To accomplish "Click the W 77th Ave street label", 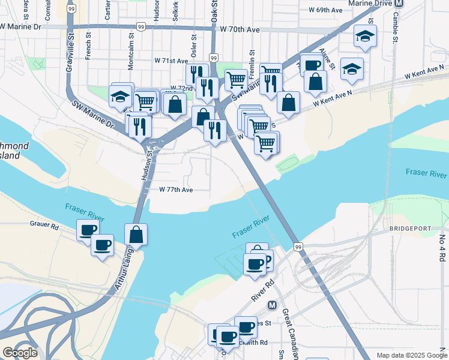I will click(x=176, y=190).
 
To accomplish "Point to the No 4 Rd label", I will click(x=442, y=248).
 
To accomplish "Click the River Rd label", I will click(x=263, y=290).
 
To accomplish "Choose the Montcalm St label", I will click(x=130, y=47).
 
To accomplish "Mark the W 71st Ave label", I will click(x=171, y=61).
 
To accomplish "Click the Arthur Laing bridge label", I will click(x=125, y=273).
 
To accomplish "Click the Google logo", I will click(x=20, y=353).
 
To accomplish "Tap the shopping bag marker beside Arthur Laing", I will click(x=136, y=235).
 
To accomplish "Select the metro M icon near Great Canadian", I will click(x=272, y=305).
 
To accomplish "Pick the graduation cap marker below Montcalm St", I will click(x=120, y=96).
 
